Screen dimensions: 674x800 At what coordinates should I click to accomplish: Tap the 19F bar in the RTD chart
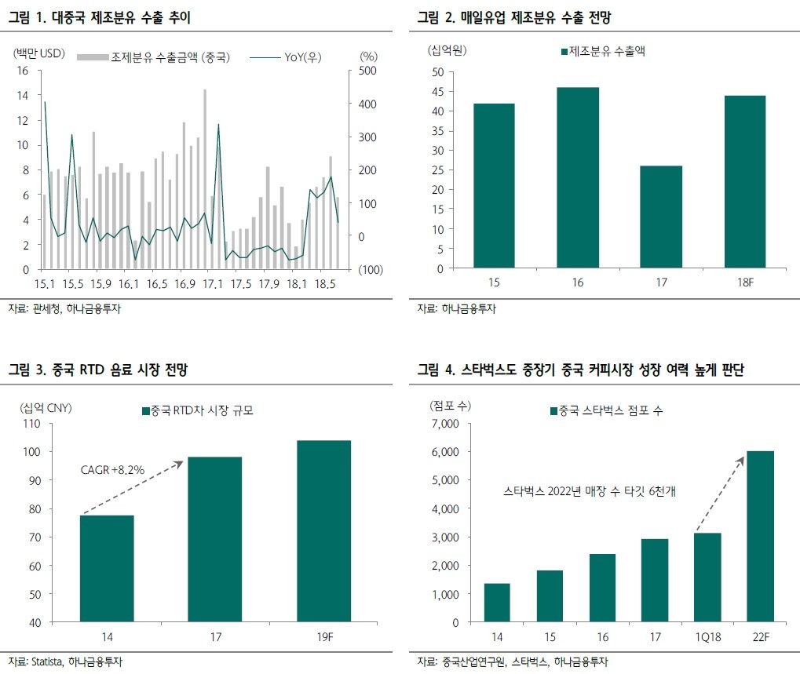[x=323, y=531]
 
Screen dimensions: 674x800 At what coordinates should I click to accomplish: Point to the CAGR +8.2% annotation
[x=112, y=470]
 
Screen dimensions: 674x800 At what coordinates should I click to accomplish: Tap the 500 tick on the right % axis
[x=367, y=71]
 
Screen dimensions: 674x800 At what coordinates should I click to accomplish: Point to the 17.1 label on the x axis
[x=212, y=284]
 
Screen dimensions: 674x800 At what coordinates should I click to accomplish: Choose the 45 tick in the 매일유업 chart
[x=437, y=92]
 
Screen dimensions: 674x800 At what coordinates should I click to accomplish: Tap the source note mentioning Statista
[x=66, y=660]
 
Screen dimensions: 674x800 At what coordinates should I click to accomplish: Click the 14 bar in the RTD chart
[x=107, y=569]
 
